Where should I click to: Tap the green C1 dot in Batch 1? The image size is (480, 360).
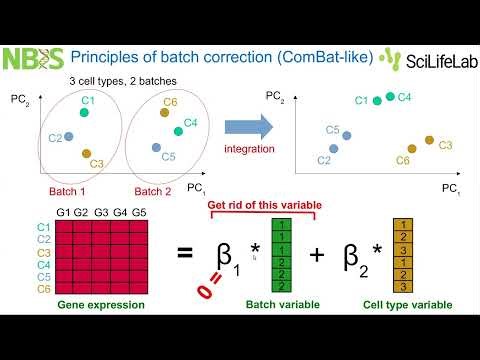[x=85, y=114]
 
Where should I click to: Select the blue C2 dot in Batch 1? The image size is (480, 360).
[x=69, y=136]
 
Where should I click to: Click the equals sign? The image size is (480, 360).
[x=184, y=254]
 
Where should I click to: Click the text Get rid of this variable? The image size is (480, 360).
[x=264, y=205]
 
